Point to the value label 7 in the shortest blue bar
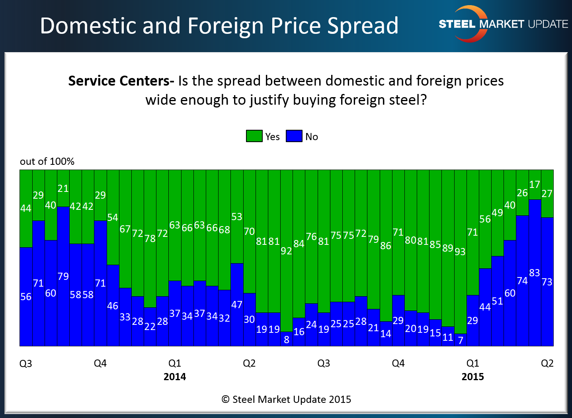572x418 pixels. tap(461, 340)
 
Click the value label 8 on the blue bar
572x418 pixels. tap(287, 340)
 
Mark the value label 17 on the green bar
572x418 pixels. tap(535, 185)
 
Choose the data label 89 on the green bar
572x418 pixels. tap(448, 248)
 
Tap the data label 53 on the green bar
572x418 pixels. tap(237, 217)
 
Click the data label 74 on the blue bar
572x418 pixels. tap(522, 281)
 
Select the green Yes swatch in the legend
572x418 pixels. tap(254, 136)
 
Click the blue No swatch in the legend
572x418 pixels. tap(294, 136)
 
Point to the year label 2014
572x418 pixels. tap(175, 377)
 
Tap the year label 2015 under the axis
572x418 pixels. tap(472, 377)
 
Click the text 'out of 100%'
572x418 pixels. tap(47, 161)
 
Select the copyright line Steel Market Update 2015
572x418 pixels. tap(286, 399)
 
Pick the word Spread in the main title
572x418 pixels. tap(363, 26)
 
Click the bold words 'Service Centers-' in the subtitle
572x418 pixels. tap(121, 81)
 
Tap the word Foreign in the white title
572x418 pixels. tap(227, 26)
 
